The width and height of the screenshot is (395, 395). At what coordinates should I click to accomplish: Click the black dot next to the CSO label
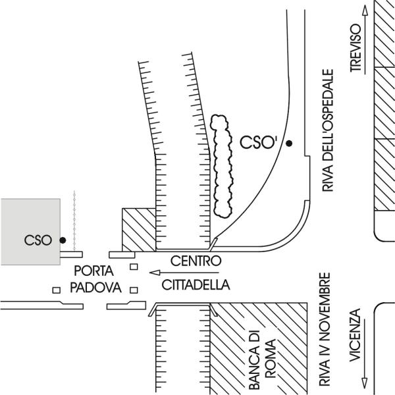[x=63, y=240]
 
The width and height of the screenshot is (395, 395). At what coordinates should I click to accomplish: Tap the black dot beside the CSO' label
[x=289, y=142]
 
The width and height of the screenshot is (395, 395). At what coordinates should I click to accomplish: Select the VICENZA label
[x=356, y=342]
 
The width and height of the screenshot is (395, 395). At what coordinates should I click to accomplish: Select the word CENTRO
[x=195, y=261]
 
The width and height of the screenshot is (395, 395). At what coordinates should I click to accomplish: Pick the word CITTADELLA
[x=196, y=285]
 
